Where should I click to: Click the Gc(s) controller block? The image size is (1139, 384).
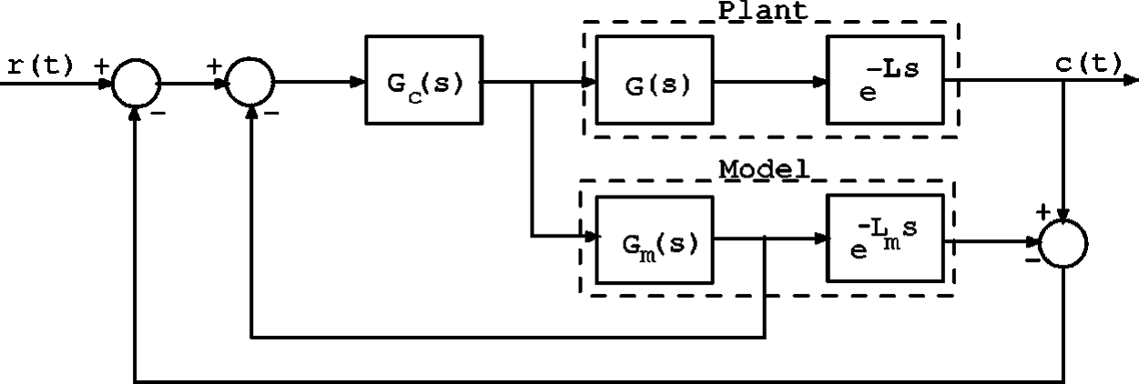tap(422, 80)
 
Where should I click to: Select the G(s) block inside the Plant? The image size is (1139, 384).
tap(654, 80)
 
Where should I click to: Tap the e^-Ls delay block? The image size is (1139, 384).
tap(885, 80)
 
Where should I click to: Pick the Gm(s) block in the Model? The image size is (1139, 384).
tap(654, 241)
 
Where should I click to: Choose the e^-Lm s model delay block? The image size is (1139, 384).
tap(885, 241)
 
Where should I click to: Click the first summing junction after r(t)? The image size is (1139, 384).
tap(136, 84)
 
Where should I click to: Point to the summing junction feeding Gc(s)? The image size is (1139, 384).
tap(249, 84)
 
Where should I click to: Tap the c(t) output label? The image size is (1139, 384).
tap(1089, 64)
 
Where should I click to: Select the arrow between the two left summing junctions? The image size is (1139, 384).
tap(192, 83)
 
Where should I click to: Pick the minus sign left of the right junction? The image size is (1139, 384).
tap(1032, 260)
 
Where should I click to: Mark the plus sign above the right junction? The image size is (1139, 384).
tap(1042, 212)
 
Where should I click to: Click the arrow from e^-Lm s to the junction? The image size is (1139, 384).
tap(992, 242)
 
